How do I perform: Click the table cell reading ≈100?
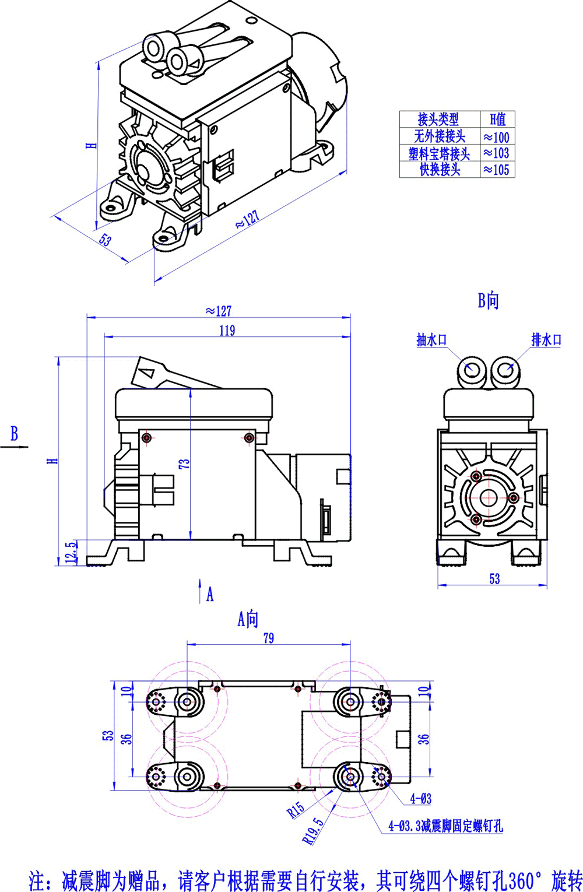tap(497, 138)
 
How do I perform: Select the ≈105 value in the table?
tap(497, 170)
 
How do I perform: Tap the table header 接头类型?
tap(438, 120)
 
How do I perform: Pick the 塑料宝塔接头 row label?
tap(439, 154)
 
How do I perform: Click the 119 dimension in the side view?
tap(227, 331)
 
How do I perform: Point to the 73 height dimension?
tap(184, 464)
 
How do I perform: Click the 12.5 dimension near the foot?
tap(71, 552)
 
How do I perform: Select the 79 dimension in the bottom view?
tap(268, 638)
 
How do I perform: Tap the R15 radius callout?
tap(296, 809)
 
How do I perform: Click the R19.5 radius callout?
tap(313, 830)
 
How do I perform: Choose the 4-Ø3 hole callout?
tap(421, 799)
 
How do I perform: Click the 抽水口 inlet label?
tap(431, 340)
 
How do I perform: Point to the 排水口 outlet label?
tap(546, 339)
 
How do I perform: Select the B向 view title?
tap(489, 301)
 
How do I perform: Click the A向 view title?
tap(248, 619)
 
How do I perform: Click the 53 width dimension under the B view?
tap(494, 579)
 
